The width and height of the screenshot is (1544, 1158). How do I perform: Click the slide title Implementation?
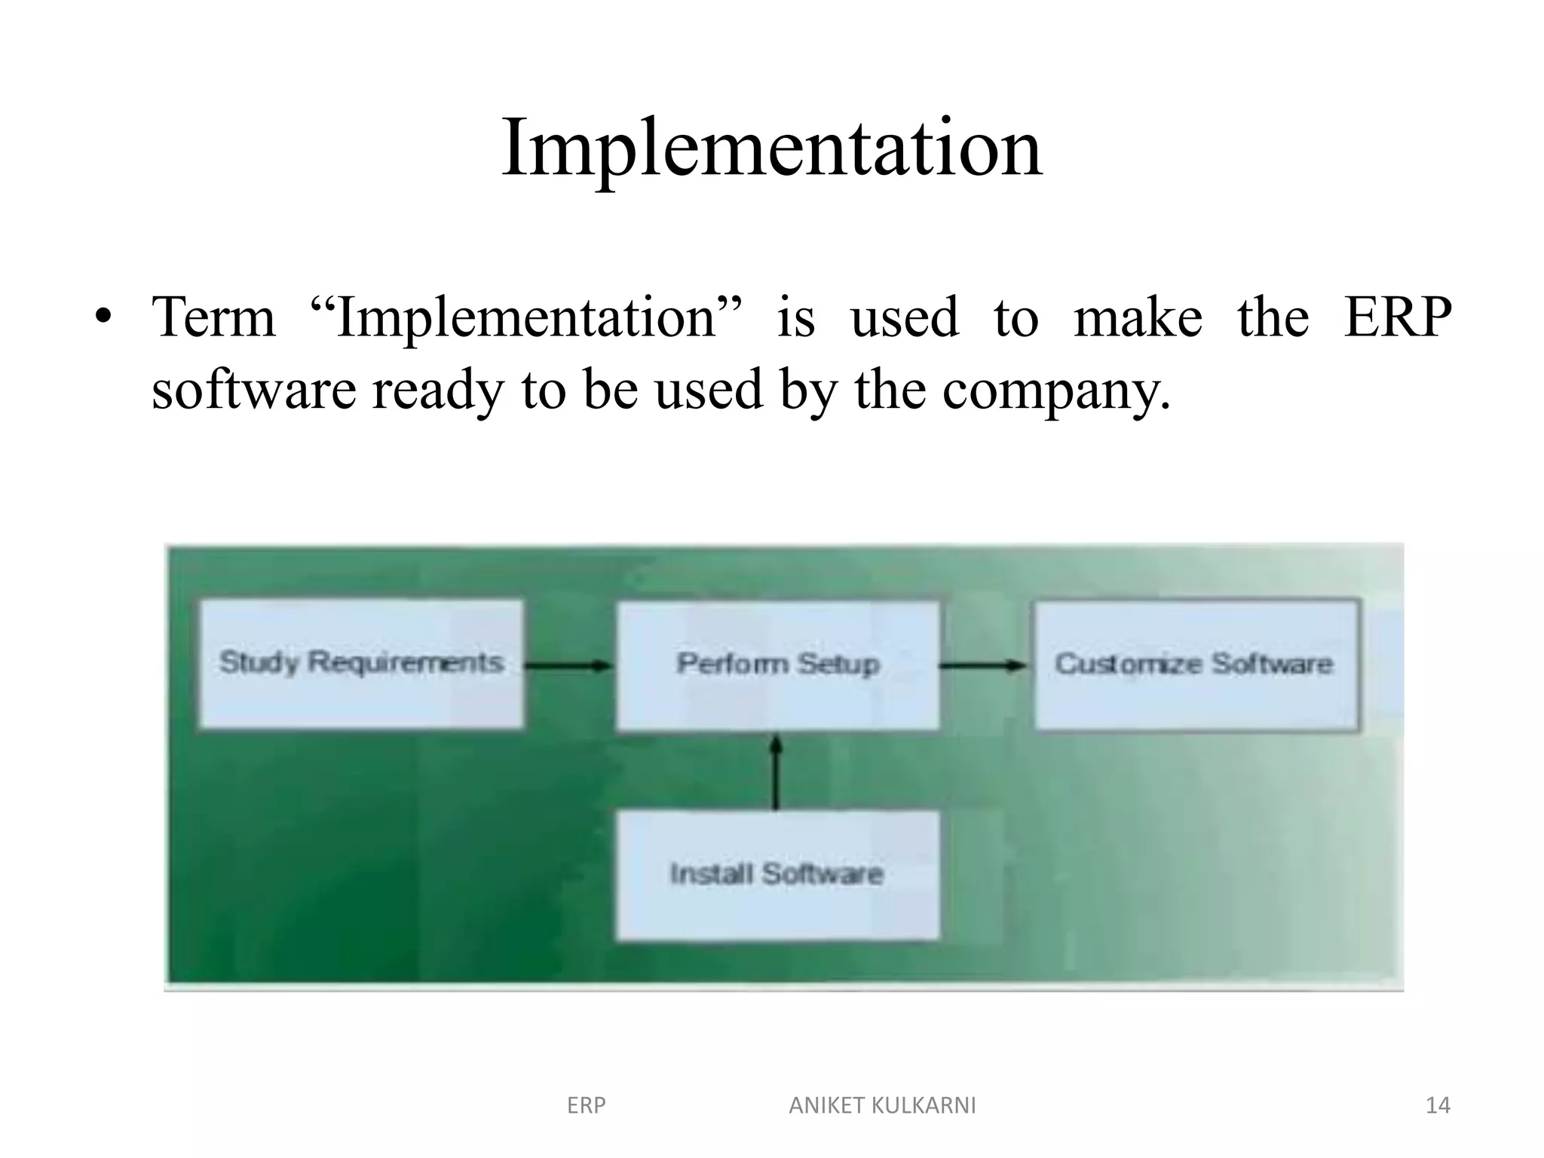[x=771, y=148]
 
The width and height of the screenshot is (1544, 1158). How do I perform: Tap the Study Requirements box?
[x=360, y=663]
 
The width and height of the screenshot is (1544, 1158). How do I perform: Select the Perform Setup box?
[x=778, y=665]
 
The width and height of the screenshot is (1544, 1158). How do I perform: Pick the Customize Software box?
[x=1196, y=665]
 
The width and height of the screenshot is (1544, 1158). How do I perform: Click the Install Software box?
[x=777, y=875]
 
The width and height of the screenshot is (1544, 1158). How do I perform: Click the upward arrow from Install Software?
[x=777, y=772]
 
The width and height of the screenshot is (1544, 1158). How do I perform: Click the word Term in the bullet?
[x=213, y=317]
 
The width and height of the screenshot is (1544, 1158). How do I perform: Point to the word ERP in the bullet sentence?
[x=1398, y=317]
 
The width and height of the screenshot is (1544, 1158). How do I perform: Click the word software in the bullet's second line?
[x=253, y=391]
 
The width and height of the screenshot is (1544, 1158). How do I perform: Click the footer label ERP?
[x=586, y=1105]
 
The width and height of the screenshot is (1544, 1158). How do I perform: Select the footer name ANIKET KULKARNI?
[x=882, y=1105]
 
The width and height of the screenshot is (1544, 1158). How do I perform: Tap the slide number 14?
[x=1438, y=1105]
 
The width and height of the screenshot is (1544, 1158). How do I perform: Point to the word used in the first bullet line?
[x=904, y=317]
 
